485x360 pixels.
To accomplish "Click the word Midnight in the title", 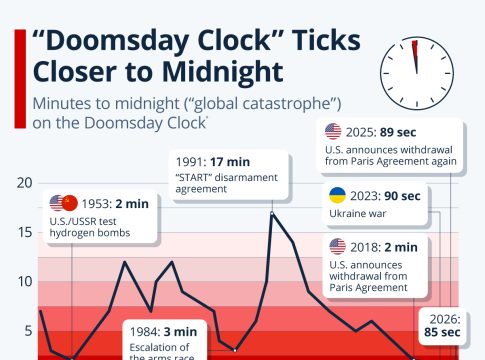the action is [x=223, y=72].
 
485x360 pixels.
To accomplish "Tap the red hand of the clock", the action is [x=415, y=56].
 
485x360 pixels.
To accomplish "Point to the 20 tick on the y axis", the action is [x=25, y=183].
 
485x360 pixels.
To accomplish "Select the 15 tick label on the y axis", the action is [x=25, y=232].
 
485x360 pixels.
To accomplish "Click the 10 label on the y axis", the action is [x=25, y=282].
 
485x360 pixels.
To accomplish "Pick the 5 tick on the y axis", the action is [x=29, y=331].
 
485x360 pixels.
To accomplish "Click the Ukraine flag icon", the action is [x=337, y=195].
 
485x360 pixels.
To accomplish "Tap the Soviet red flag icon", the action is [x=70, y=203].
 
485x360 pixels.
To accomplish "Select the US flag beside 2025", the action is [x=333, y=132].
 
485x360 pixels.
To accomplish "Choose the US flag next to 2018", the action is [x=337, y=247].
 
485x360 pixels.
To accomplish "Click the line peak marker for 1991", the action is [x=272, y=213].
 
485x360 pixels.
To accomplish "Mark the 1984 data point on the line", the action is [x=235, y=350].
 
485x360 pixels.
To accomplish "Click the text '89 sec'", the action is [x=398, y=132].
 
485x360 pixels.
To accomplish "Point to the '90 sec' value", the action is [x=402, y=196].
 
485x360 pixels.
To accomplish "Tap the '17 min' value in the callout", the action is [x=230, y=162].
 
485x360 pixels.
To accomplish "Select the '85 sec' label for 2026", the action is [x=442, y=332].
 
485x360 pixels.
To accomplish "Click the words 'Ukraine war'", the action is [x=357, y=213].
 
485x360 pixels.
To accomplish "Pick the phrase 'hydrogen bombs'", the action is [x=90, y=233].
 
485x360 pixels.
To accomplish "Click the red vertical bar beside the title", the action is [x=20, y=79].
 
